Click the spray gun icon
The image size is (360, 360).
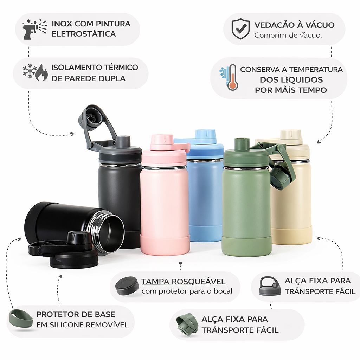pyautogui.click(x=34, y=30)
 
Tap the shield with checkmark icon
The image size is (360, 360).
pyautogui.click(x=240, y=29)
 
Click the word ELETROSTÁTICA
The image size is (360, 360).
pyautogui.click(x=84, y=34)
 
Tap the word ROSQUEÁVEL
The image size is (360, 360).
pyautogui.click(x=198, y=282)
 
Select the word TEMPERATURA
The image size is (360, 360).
pyautogui.click(x=315, y=69)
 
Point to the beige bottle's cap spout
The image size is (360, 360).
pyautogui.click(x=290, y=135)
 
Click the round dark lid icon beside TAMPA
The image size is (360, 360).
pyautogui.click(x=127, y=286)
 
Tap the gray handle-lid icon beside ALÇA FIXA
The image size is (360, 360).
pyautogui.click(x=270, y=286)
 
